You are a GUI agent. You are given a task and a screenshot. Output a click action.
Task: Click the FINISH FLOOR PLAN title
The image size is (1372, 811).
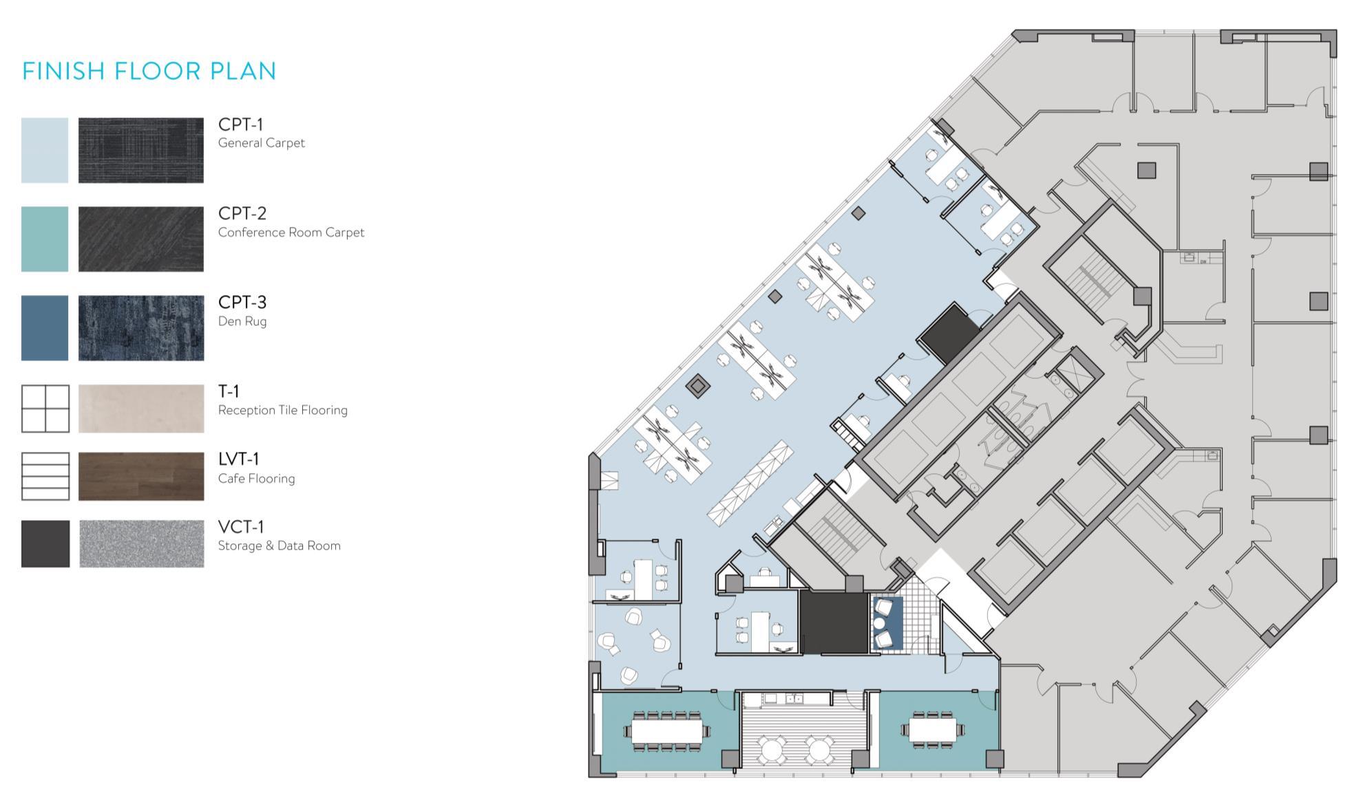point(149,71)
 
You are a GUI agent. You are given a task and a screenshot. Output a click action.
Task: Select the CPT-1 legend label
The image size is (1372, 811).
point(240,125)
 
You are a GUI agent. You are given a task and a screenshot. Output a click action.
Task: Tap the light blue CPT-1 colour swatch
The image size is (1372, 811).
point(45,150)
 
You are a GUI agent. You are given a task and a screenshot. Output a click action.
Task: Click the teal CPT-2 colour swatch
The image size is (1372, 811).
point(45,239)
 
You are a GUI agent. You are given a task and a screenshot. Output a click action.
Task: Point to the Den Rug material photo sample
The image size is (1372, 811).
point(141,328)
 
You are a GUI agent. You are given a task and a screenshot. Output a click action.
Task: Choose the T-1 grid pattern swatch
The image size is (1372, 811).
point(45,409)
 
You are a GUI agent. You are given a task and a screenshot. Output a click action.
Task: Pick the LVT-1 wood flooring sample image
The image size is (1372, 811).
point(141,476)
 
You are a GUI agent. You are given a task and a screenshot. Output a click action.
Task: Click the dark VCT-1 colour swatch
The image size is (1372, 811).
point(45,543)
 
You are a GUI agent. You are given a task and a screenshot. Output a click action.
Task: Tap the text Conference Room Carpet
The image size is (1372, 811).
point(291,233)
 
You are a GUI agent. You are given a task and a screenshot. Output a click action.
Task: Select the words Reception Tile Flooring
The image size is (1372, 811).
point(283,410)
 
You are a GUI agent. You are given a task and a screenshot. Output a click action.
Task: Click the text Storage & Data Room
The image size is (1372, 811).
point(279,545)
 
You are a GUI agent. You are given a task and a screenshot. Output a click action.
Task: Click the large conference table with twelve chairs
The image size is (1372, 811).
point(666,731)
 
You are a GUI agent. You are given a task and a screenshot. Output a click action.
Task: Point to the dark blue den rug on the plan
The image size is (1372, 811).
point(887,623)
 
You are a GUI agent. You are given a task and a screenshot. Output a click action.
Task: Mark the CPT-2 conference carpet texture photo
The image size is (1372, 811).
point(141,239)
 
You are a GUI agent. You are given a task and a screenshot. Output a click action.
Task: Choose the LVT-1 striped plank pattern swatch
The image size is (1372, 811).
point(45,476)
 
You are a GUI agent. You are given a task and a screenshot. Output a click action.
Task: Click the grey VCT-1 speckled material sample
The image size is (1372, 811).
point(141,543)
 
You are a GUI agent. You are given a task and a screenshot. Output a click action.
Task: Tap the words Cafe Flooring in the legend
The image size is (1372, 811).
point(256,478)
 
